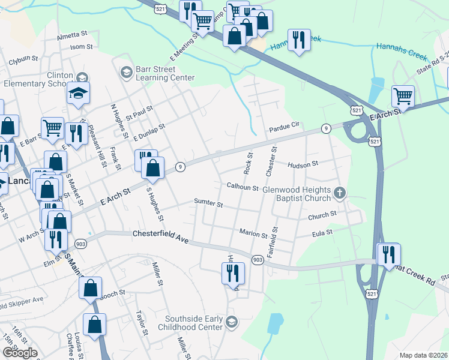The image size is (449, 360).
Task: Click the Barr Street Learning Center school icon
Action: tap(126, 73)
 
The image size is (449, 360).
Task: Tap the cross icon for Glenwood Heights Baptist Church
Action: tap(340, 193)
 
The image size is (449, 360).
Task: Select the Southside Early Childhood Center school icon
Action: tap(232, 323)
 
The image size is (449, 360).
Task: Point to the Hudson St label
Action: tap(303, 164)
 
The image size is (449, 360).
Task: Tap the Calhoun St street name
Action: tap(242, 187)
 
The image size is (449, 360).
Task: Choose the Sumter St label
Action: tap(208, 204)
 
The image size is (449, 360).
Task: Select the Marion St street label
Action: tap(253, 233)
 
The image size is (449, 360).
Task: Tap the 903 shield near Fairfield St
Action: tap(258, 260)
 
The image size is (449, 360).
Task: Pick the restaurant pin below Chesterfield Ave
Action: tap(232, 274)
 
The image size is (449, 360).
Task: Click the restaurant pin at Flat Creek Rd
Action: tap(388, 254)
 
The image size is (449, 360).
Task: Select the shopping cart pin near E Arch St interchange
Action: tap(403, 97)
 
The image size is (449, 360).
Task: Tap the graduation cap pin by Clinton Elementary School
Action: tap(78, 94)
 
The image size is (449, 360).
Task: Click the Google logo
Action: tap(20, 352)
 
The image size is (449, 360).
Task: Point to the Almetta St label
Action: tap(72, 36)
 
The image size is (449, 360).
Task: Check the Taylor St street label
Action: tap(142, 322)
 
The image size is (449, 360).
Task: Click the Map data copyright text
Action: tap(423, 355)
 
